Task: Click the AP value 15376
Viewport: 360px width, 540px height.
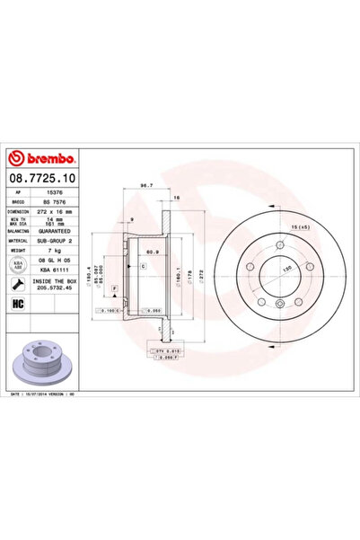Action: point(54,191)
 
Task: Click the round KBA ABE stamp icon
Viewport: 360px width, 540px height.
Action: point(18,264)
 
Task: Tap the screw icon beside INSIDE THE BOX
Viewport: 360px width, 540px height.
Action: point(18,284)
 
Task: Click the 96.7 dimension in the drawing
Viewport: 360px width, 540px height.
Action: point(145,187)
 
